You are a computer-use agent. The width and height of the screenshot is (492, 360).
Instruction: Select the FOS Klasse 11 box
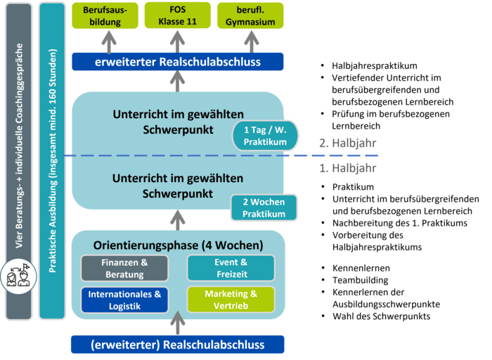[x=178, y=15]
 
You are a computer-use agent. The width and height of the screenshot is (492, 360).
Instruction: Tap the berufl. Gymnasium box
[x=251, y=15]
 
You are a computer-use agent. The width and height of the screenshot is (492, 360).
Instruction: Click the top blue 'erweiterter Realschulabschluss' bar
[x=177, y=62]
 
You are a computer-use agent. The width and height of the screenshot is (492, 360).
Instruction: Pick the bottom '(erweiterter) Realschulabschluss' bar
[x=177, y=345]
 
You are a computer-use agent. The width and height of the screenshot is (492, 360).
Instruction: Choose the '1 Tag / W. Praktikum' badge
[x=266, y=136]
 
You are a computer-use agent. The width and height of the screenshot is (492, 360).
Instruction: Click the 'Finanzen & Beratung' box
[x=124, y=268]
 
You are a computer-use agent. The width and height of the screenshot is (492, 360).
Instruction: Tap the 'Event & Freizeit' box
[x=231, y=268]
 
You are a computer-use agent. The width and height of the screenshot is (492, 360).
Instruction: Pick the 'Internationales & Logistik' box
[x=124, y=300]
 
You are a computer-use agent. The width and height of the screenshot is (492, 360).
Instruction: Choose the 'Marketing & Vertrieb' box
[x=231, y=300]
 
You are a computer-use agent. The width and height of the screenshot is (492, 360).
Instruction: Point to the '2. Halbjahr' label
[x=347, y=143]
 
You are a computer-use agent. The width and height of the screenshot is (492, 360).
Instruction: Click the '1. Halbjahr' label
[x=347, y=168]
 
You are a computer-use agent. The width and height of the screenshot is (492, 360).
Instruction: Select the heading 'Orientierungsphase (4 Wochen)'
[x=178, y=245]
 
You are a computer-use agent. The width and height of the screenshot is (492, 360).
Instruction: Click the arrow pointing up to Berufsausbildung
[x=108, y=41]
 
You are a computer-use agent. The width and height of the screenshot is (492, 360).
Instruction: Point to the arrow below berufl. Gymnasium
[x=251, y=41]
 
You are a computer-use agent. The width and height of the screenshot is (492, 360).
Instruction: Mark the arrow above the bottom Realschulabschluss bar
[x=178, y=325]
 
